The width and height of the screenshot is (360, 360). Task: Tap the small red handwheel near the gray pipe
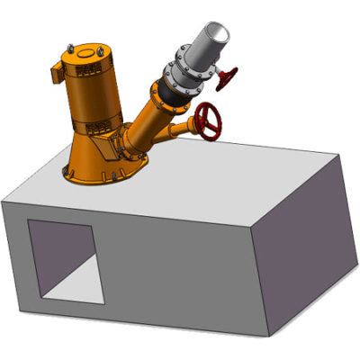click(x=227, y=79)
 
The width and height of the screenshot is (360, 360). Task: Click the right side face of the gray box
click(x=310, y=243)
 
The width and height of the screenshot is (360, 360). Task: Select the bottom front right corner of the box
click(x=270, y=336)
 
